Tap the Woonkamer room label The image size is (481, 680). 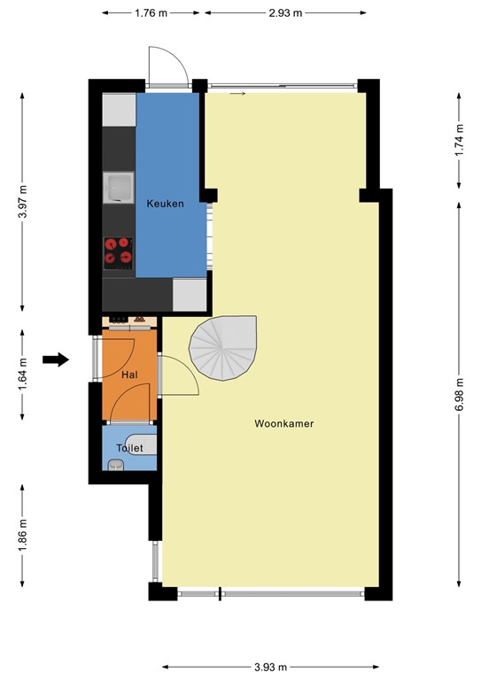click(x=284, y=424)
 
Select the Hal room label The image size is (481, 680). click(x=129, y=375)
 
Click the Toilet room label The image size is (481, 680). click(x=129, y=449)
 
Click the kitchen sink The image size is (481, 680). click(x=118, y=187)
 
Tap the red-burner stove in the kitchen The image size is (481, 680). click(x=119, y=252)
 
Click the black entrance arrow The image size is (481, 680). click(x=56, y=359)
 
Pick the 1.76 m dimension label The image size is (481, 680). click(x=153, y=13)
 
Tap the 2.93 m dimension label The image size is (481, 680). click(x=286, y=13)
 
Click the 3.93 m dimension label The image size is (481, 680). click(x=273, y=667)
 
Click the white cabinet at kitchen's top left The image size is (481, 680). click(x=119, y=110)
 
